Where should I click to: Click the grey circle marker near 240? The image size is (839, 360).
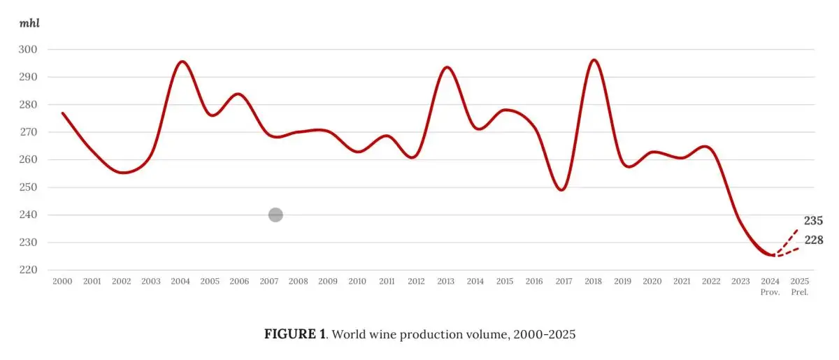tap(275, 215)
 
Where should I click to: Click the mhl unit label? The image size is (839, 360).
tap(29, 23)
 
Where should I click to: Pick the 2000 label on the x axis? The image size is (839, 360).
tap(62, 281)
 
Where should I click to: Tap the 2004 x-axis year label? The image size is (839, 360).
tap(180, 281)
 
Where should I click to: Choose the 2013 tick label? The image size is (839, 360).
tap(445, 281)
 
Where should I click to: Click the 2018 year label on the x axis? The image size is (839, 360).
tap(593, 281)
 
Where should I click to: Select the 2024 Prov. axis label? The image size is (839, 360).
tap(770, 286)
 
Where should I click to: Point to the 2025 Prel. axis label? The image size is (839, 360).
tap(800, 286)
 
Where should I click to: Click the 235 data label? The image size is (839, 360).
tap(813, 221)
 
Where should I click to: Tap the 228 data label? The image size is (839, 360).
tap(813, 240)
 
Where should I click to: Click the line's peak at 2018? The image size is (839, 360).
tap(594, 60)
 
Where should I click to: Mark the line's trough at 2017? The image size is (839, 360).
tap(563, 189)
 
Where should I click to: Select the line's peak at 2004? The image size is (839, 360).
tap(182, 62)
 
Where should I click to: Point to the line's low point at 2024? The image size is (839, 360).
tap(770, 255)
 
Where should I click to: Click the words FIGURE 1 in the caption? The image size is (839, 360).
tap(294, 334)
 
